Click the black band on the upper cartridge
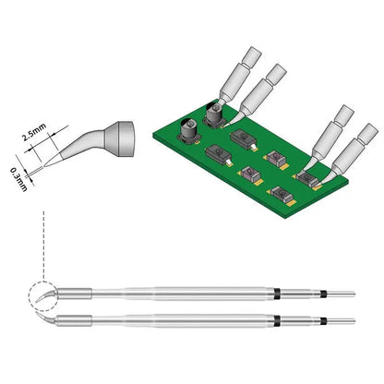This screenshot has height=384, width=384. (x=276, y=295)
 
